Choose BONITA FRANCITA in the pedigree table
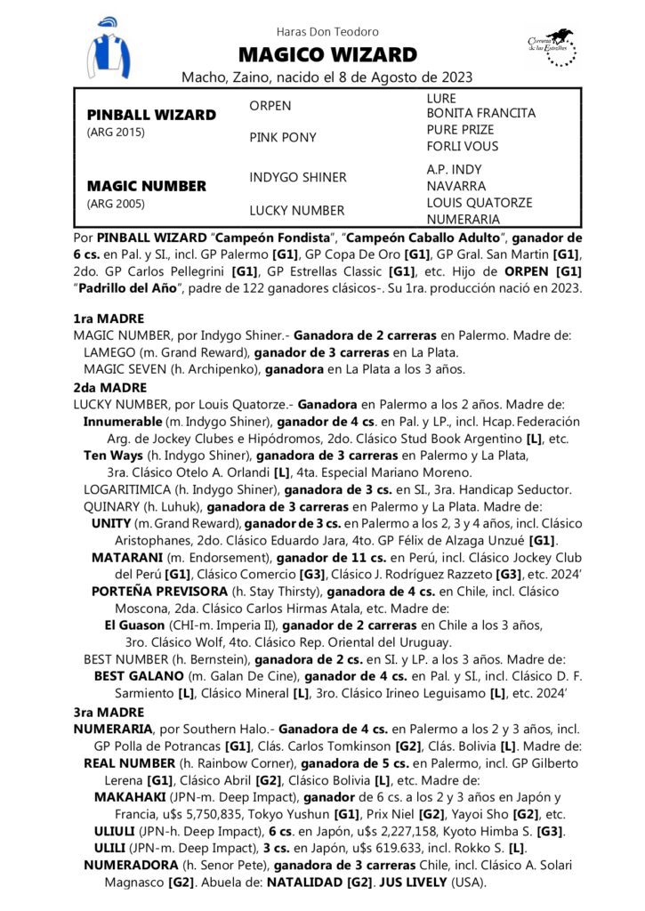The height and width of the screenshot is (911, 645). [481, 114]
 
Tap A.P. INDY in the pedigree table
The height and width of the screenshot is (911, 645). [456, 170]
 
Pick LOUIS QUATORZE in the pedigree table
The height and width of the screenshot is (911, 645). [480, 203]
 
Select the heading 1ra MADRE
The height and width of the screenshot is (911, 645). [108, 318]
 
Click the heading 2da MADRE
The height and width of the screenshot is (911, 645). [109, 387]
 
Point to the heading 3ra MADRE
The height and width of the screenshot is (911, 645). [108, 712]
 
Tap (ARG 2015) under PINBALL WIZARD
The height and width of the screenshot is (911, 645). [115, 133]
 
